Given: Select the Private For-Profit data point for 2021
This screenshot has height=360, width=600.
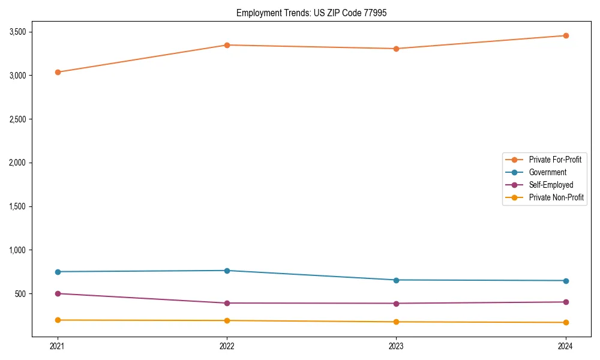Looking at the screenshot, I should (x=58, y=72).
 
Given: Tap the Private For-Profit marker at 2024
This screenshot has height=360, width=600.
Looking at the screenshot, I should (x=566, y=35).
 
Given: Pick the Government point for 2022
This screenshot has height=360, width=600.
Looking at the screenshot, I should (x=227, y=271).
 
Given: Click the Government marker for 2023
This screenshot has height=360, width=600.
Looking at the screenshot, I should (x=396, y=280).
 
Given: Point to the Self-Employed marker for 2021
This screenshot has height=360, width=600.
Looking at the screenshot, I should (x=58, y=293).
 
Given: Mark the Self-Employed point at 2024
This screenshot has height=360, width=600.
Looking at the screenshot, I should (x=566, y=302).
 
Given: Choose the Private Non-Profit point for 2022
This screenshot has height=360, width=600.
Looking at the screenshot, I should (x=227, y=320).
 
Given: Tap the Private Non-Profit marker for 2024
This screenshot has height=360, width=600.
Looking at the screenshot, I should (x=566, y=323).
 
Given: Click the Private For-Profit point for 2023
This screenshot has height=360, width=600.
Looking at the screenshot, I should (x=396, y=49).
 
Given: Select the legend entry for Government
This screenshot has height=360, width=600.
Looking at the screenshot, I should (x=547, y=172).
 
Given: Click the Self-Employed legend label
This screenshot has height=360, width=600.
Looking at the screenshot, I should (x=551, y=185).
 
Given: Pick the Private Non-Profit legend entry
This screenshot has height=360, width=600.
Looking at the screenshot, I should (x=556, y=197).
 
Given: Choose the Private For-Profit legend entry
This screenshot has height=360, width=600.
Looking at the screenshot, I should (x=555, y=160).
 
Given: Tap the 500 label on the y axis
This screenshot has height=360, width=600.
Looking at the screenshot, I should (x=23, y=294).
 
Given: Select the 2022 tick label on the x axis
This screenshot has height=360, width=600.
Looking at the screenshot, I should (x=227, y=346).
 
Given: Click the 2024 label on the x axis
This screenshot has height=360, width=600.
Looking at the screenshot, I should (x=566, y=346).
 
